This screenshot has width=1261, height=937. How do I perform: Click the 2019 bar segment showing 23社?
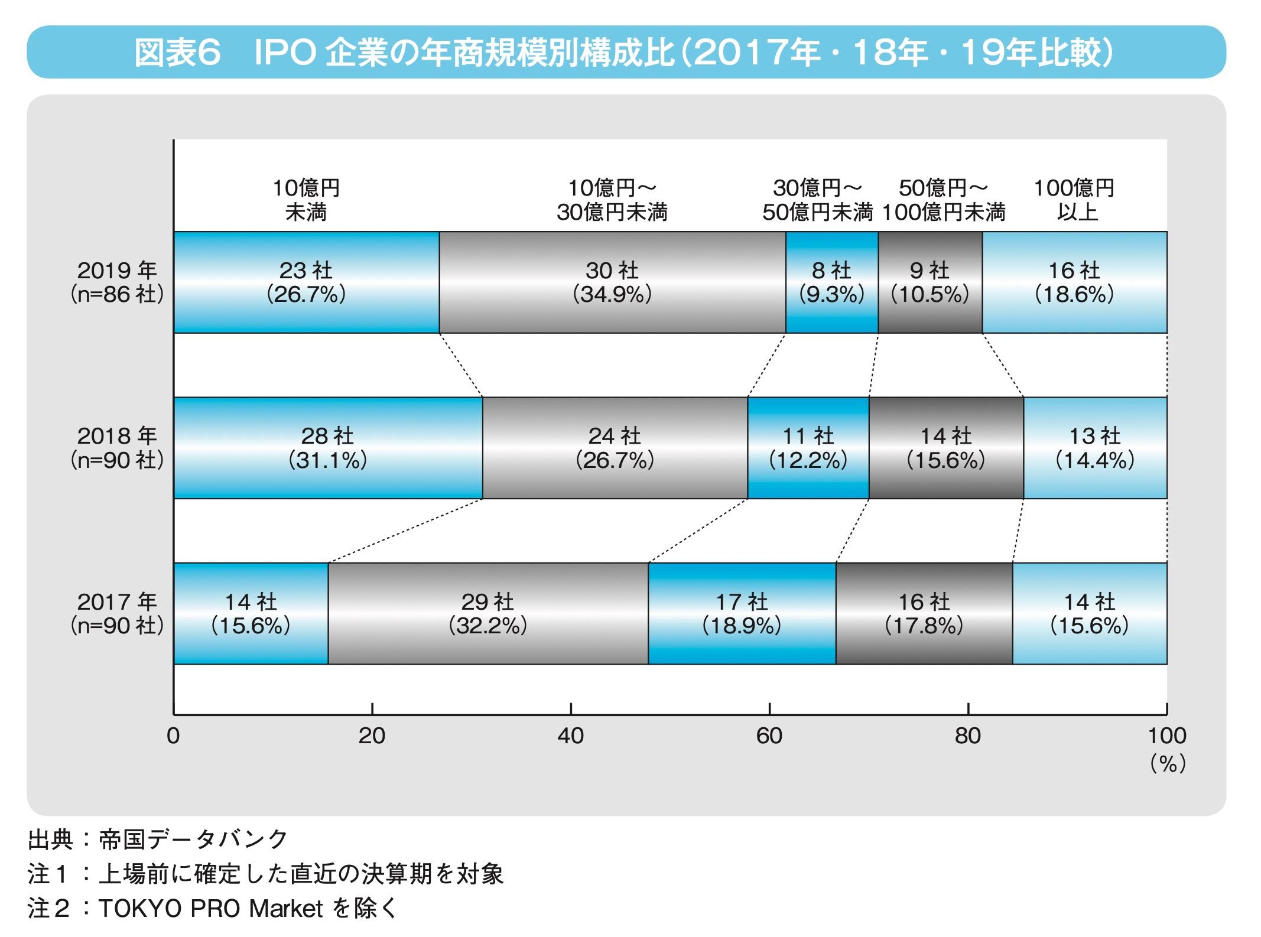[306, 282]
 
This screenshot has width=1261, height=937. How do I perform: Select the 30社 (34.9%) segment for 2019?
[612, 282]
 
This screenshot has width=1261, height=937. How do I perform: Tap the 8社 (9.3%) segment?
[831, 282]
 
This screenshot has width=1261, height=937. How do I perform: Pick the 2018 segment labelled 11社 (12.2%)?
[808, 448]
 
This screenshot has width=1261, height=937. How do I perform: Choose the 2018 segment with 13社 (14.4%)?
[1095, 448]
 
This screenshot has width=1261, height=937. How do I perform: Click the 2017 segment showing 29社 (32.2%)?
[487, 613]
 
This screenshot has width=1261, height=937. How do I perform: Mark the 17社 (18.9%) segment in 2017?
[742, 613]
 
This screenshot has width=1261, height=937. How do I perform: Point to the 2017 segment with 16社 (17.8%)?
[924, 613]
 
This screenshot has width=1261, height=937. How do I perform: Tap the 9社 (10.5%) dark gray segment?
[930, 282]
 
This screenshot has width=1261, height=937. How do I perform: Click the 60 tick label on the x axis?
[769, 736]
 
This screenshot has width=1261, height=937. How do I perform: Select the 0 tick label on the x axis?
[173, 736]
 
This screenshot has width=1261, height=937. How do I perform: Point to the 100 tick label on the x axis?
[1167, 736]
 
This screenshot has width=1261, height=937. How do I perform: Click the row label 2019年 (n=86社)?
[117, 282]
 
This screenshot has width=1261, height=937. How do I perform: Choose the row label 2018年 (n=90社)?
[117, 448]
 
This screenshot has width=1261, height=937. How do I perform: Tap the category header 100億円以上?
[1074, 200]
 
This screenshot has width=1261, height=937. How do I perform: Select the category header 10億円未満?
[306, 200]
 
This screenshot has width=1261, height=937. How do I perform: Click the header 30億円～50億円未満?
[817, 200]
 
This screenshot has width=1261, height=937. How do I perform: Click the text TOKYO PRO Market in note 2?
[210, 909]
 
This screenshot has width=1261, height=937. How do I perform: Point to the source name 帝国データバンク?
[193, 839]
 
